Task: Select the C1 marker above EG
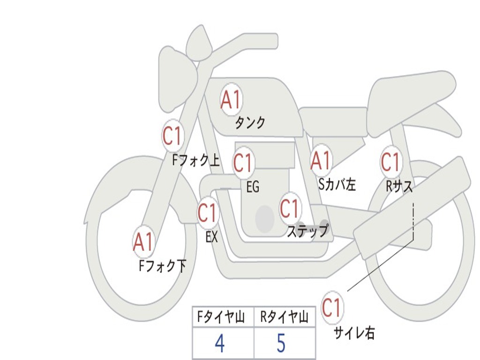click(x=243, y=163)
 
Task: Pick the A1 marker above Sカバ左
click(x=321, y=160)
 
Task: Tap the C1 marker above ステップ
click(x=289, y=208)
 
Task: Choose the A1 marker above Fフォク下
click(x=143, y=242)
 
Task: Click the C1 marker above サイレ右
click(x=332, y=307)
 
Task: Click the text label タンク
click(x=250, y=123)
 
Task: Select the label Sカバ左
click(x=337, y=185)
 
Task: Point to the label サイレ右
click(x=354, y=333)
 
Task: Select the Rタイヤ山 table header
click(x=284, y=318)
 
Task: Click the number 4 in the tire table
click(x=219, y=344)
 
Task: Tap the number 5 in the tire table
click(x=281, y=344)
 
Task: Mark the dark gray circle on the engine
click(x=265, y=218)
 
